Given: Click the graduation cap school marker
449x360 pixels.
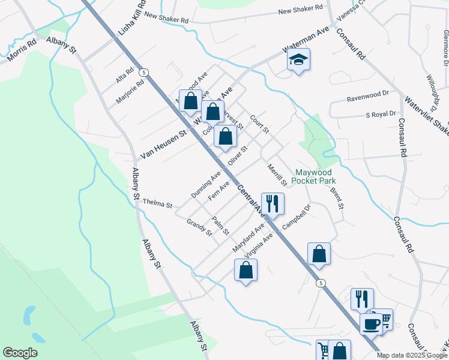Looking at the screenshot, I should [298, 60].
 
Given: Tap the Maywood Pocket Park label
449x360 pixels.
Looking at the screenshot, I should [314, 176].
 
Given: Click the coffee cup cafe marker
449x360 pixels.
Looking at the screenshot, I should [371, 324].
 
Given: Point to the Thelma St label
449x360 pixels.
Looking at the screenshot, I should [157, 203].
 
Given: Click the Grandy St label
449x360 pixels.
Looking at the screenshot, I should [199, 227].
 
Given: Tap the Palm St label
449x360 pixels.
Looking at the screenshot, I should [221, 226].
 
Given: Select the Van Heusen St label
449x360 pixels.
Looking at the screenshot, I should [164, 146].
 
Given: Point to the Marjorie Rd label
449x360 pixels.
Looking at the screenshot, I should [130, 91].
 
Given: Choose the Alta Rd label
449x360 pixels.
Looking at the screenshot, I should [124, 76].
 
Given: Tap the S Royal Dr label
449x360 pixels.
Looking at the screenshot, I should [381, 114].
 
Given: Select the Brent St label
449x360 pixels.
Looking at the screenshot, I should [336, 198].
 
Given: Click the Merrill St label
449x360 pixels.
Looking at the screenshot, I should [277, 175].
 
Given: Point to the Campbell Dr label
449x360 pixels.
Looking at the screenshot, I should [296, 218].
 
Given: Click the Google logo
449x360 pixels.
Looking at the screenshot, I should [20, 353].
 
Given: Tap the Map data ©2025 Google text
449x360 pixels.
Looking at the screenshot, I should [412, 355].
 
